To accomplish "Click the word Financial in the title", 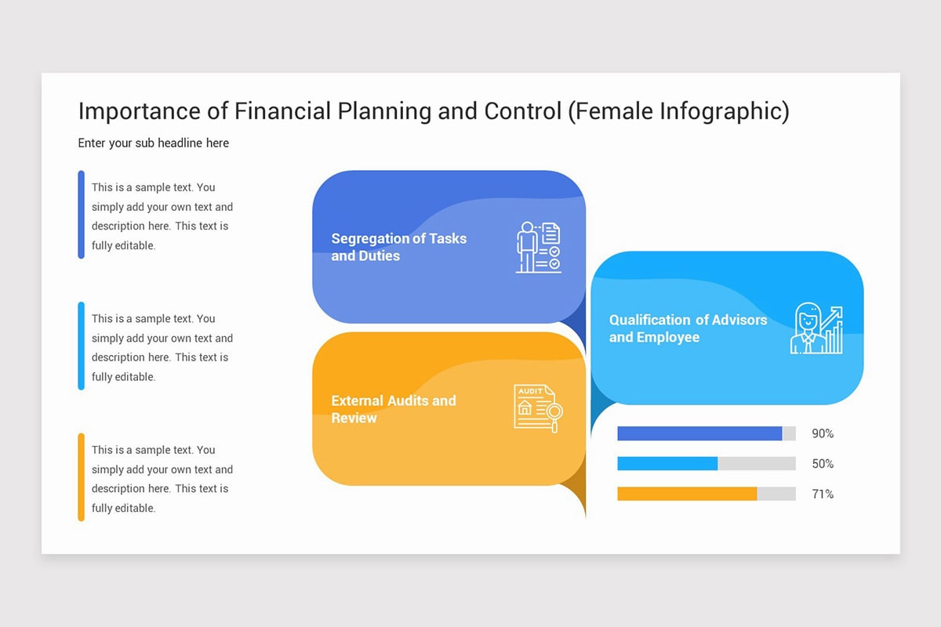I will tap(283, 111).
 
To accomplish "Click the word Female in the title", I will tap(611, 111).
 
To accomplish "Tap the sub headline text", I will tap(154, 143).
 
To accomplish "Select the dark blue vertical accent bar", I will tap(82, 214).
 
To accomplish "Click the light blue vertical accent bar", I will tap(82, 346).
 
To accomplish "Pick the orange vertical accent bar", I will tap(82, 477).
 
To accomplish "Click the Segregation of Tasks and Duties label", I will tap(398, 247).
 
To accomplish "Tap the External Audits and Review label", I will tap(393, 409).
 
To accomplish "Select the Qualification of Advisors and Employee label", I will tap(688, 328).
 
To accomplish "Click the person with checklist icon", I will tap(538, 247).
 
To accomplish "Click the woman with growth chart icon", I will tap(816, 328).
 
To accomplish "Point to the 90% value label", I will tap(823, 433).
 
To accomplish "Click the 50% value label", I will tap(823, 464).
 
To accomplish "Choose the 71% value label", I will tap(823, 494).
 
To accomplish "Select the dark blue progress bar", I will tap(699, 433).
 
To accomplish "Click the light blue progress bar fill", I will tap(667, 464).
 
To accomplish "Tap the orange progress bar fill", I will tap(687, 494).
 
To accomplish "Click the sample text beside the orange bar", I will tap(162, 479).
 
